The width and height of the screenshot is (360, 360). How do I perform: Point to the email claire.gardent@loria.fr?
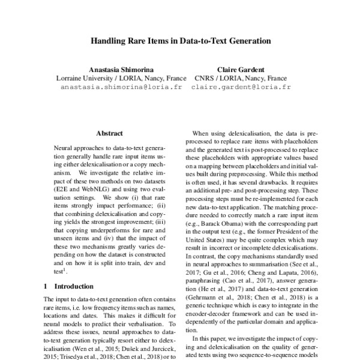[241, 86]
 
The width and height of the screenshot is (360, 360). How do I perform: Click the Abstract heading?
[109, 133]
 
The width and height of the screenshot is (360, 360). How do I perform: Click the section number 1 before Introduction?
[47, 287]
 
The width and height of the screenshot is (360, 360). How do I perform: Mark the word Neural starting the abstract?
[65, 146]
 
